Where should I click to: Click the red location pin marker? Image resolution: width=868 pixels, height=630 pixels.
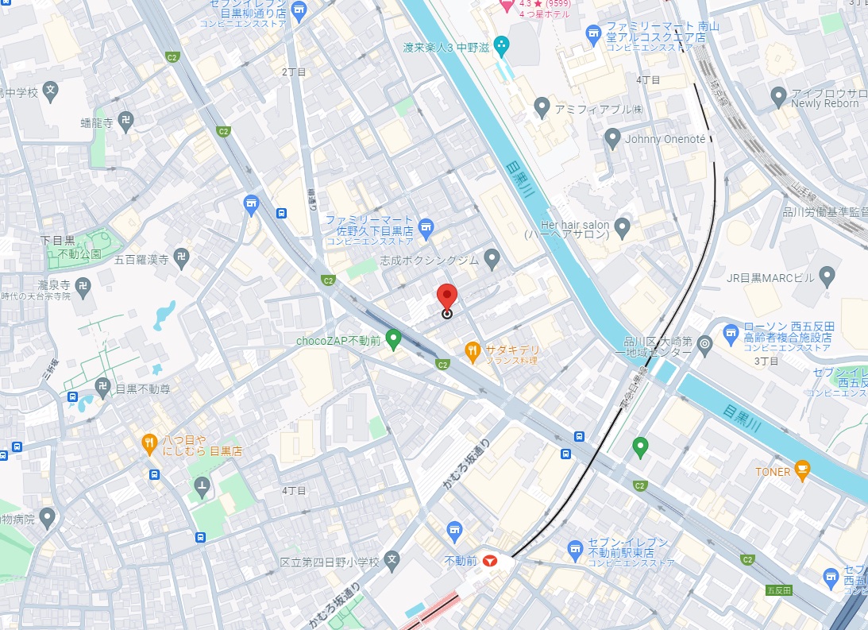[x=447, y=297]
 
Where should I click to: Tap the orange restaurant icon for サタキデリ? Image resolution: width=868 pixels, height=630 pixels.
[x=473, y=349]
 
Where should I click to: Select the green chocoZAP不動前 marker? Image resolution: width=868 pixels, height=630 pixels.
[x=393, y=340]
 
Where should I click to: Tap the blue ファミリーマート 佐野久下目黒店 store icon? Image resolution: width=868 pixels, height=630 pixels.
[x=426, y=230]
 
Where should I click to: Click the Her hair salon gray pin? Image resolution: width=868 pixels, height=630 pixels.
[x=623, y=229]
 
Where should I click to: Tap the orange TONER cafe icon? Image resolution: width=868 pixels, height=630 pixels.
[x=802, y=471]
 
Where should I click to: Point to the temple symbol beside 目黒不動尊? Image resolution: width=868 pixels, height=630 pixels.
[x=102, y=388]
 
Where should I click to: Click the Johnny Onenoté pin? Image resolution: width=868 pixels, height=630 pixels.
[x=612, y=137]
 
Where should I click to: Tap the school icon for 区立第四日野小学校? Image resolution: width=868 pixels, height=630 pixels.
[x=392, y=561]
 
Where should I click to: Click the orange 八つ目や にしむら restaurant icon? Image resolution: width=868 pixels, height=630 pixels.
[x=149, y=444]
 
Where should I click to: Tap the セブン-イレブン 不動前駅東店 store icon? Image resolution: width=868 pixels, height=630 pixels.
[x=576, y=548]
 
